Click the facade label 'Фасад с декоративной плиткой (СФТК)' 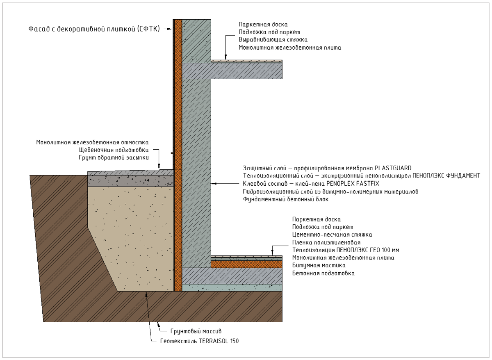[94, 29]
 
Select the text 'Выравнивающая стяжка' [273, 40]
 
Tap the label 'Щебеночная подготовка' [114, 150]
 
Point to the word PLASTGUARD [393, 168]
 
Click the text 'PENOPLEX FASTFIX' [353, 184]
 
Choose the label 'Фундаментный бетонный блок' [285, 199]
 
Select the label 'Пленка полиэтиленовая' [326, 242]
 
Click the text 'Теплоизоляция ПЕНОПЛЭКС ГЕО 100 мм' [346, 250]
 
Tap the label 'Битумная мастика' [319, 265]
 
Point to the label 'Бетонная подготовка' [323, 273]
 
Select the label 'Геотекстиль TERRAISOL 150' [199, 341]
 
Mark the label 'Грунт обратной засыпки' [114, 158]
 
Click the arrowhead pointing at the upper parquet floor [225, 57]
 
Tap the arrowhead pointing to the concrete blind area [159, 166]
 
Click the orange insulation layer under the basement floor [247, 264]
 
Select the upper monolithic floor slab [232, 71]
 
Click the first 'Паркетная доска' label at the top [263, 24]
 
